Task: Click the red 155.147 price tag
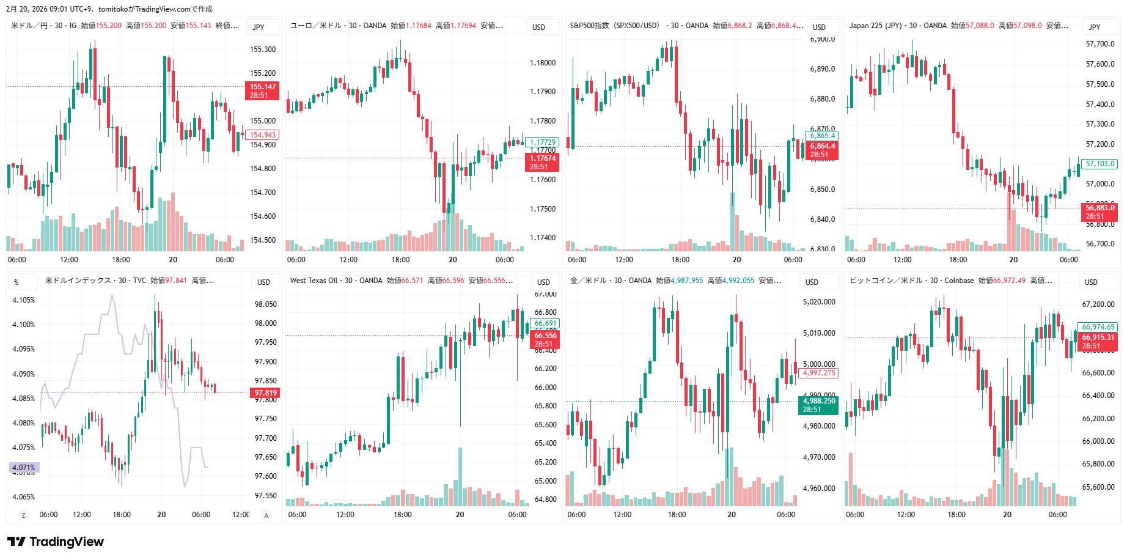tap(262, 90)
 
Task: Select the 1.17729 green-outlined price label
tap(542, 142)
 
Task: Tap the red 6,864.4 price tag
tap(822, 150)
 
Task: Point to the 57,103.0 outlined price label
tap(1100, 164)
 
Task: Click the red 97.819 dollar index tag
tap(265, 393)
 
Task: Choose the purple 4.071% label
tap(24, 468)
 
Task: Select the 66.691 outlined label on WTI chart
tap(545, 323)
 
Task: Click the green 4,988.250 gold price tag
tap(818, 405)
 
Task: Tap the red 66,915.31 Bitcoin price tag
tap(1098, 341)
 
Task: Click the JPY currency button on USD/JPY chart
tap(259, 27)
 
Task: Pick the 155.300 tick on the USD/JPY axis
tap(263, 50)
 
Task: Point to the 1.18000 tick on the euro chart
tap(543, 63)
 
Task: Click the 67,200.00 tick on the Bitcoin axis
tap(1098, 304)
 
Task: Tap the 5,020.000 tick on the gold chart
tap(819, 302)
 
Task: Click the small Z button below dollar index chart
tap(23, 515)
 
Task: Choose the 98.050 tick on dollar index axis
tap(265, 304)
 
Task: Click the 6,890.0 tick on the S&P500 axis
tap(823, 69)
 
